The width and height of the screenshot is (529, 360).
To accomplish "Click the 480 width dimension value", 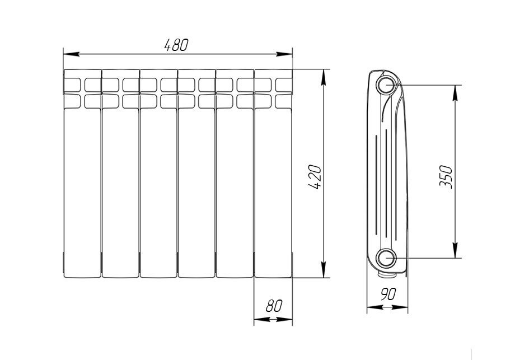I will tap(176, 45).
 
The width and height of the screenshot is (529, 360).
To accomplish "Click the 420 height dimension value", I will tap(315, 176).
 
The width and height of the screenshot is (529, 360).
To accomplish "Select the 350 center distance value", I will tap(446, 176).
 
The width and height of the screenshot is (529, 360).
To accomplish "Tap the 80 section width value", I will tap(273, 306).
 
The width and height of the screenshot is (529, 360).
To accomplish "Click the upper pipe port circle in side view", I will tap(386, 86).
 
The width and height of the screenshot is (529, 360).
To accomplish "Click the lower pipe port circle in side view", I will tap(385, 258).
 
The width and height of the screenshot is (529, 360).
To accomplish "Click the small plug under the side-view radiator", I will tap(386, 274).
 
